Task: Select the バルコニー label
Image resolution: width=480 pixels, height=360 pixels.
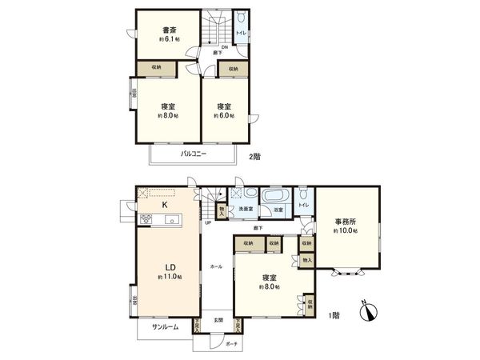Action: point(191,152)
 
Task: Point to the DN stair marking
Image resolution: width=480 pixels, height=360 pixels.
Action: point(224,47)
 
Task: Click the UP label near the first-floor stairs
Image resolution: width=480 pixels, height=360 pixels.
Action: point(208,223)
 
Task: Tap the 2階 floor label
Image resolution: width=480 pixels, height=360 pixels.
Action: point(254,157)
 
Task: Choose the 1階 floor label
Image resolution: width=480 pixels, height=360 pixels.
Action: point(334,316)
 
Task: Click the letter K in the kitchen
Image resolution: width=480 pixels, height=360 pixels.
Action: point(165,205)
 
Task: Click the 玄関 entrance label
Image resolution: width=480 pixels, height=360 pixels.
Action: point(218,320)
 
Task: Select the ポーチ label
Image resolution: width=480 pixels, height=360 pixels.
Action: point(230,343)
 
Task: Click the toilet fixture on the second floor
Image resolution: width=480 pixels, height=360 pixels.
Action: point(242,18)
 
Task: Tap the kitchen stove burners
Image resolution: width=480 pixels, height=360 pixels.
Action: point(146,221)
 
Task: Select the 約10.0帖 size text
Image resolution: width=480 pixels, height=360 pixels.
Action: point(346,230)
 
